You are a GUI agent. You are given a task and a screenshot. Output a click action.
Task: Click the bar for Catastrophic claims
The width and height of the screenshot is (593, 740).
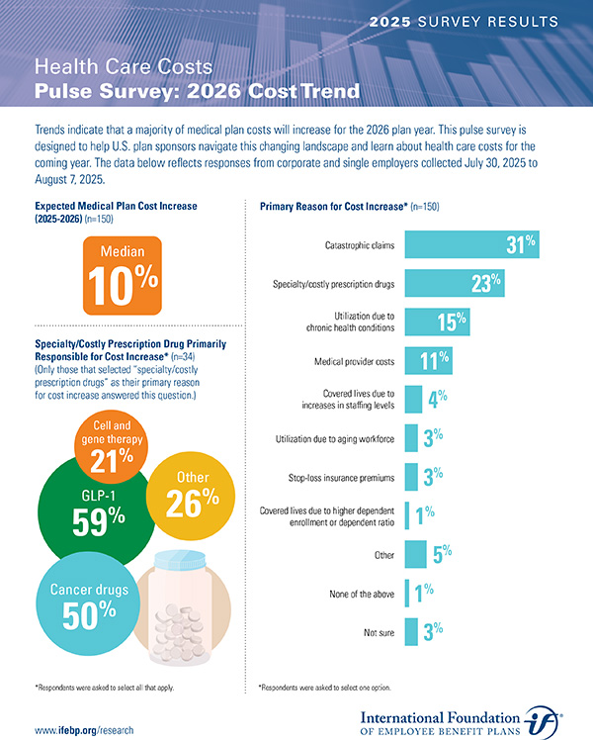pos(469,244)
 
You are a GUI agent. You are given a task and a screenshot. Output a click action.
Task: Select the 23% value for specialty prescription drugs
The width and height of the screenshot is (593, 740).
pos(486,284)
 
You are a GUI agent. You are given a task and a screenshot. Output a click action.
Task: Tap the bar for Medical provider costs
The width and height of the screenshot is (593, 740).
pos(428,361)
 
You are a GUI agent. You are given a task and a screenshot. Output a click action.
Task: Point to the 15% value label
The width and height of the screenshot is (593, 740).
pos(452,322)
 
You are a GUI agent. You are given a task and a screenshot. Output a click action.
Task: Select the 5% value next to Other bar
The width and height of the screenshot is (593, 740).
pos(442,554)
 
